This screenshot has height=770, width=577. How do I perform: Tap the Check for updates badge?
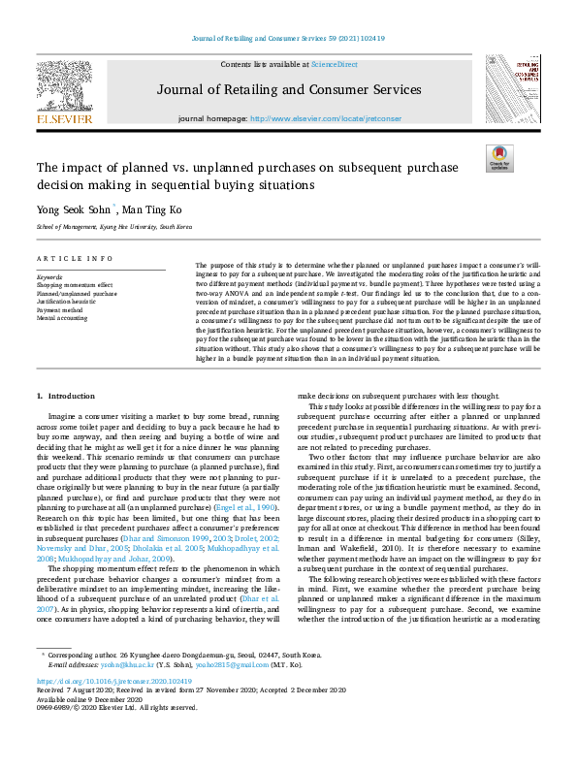[x=499, y=159]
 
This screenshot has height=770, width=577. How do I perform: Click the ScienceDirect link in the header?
[x=333, y=63]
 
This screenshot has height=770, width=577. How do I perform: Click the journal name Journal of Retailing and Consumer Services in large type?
[x=289, y=90]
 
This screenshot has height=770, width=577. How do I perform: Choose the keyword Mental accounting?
[x=63, y=318]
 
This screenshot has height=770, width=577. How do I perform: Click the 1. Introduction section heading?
[x=66, y=397]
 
